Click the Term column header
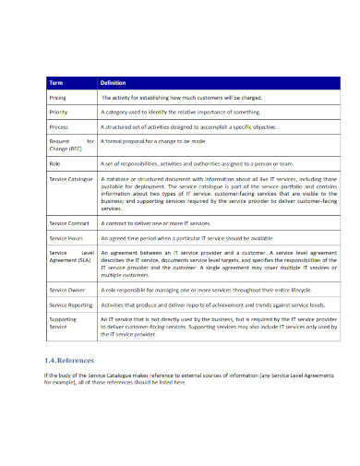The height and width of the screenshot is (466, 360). pyautogui.click(x=56, y=82)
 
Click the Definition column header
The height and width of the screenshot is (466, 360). pyautogui.click(x=113, y=82)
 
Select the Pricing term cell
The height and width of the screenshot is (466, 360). pyautogui.click(x=57, y=96)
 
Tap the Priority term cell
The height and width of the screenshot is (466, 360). pyautogui.click(x=58, y=111)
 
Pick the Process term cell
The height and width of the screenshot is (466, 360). pyautogui.click(x=58, y=125)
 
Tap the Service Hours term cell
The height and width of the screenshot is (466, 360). pyautogui.click(x=66, y=238)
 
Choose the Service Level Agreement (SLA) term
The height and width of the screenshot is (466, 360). pyautogui.click(x=70, y=257)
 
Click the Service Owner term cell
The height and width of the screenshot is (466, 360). pyautogui.click(x=67, y=290)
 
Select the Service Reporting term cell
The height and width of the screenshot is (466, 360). pyautogui.click(x=71, y=304)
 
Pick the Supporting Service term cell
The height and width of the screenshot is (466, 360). pyautogui.click(x=64, y=323)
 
